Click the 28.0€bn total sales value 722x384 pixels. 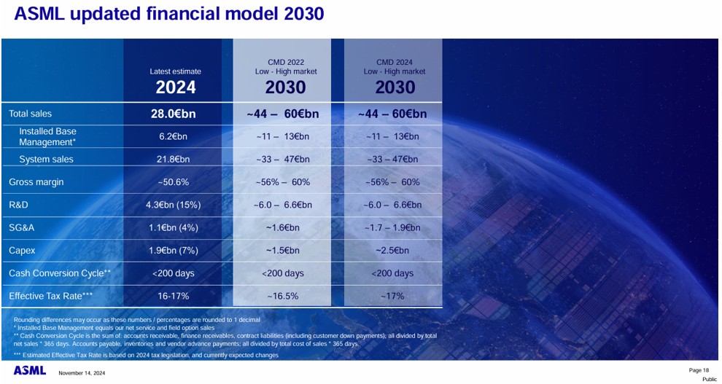[x=175, y=114]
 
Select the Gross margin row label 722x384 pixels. [x=36, y=182]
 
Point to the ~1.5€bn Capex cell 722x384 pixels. [x=283, y=251]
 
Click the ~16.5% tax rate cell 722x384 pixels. [x=282, y=296]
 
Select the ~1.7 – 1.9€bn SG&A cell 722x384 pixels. [x=392, y=227]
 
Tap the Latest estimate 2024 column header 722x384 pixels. [x=175, y=81]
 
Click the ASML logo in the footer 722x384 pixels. [x=30, y=371]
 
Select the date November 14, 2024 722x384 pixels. [x=82, y=373]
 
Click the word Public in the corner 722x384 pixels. [x=709, y=379]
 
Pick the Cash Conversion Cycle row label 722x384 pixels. [x=59, y=273]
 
